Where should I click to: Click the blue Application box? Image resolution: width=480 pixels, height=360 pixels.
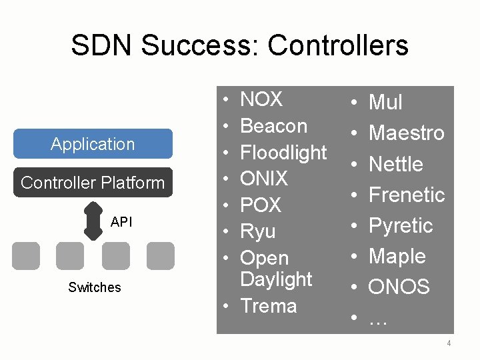pyautogui.click(x=93, y=144)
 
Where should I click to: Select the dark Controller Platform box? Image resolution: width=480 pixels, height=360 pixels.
pyautogui.click(x=93, y=183)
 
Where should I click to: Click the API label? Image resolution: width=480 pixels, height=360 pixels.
pyautogui.click(x=121, y=222)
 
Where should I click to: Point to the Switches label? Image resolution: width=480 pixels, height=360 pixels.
pyautogui.click(x=95, y=287)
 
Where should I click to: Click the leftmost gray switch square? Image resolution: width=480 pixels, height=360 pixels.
pyautogui.click(x=26, y=255)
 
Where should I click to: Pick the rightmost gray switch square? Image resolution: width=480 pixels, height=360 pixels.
pyautogui.click(x=160, y=255)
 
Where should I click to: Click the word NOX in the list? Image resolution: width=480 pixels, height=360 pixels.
pyautogui.click(x=261, y=100)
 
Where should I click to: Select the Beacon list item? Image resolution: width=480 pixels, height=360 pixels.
pyautogui.click(x=273, y=126)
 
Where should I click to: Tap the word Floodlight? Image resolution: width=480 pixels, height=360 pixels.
pyautogui.click(x=283, y=153)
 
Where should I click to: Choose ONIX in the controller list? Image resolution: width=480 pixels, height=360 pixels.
pyautogui.click(x=264, y=179)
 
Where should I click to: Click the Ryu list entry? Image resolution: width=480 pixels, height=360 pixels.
pyautogui.click(x=257, y=231)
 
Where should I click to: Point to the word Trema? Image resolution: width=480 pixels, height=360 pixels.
pyautogui.click(x=268, y=306)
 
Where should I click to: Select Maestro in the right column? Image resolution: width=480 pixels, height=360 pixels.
pyautogui.click(x=406, y=133)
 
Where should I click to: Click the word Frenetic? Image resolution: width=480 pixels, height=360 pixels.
pyautogui.click(x=406, y=195)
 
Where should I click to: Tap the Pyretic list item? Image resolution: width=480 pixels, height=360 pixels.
pyautogui.click(x=401, y=225)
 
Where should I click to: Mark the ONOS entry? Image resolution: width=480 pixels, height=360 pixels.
pyautogui.click(x=399, y=287)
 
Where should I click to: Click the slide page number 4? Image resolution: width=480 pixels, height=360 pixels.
pyautogui.click(x=449, y=344)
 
